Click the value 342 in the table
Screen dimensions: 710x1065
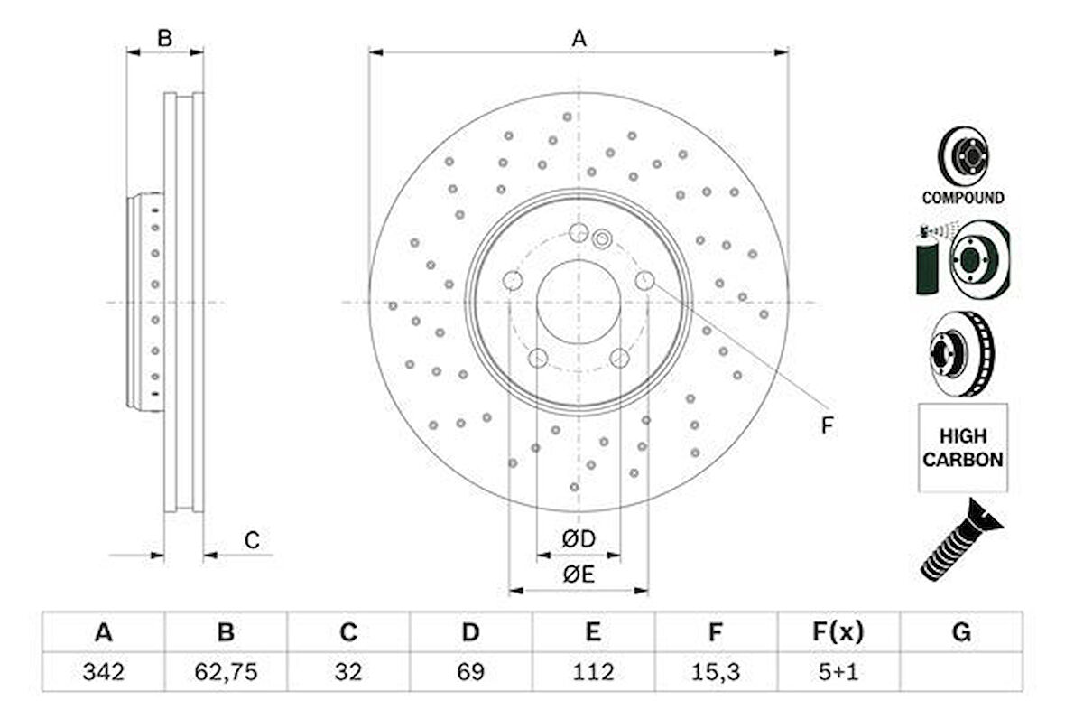(103, 672)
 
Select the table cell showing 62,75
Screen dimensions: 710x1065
(226, 672)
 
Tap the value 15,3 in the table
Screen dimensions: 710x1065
(715, 672)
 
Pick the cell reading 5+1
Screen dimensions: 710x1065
(837, 672)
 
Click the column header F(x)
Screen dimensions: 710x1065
(837, 632)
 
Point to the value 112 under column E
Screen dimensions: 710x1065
(592, 672)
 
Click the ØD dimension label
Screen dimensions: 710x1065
(579, 539)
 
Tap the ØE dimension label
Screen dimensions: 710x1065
(579, 575)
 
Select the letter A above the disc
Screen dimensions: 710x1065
(579, 38)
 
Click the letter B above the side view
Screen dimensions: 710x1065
(164, 38)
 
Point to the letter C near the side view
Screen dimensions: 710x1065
(253, 541)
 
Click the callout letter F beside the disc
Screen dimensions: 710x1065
(827, 425)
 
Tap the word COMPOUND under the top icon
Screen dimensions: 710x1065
(962, 197)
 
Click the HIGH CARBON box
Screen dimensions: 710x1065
(962, 448)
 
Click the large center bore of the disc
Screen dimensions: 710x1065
(579, 302)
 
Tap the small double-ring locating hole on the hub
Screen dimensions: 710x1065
(603, 238)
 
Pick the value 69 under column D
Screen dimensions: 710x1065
(470, 672)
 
